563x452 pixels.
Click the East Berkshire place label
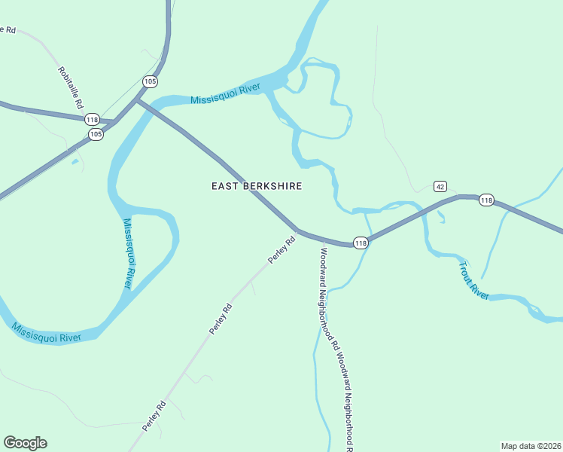point(257,186)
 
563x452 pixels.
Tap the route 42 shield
point(441,187)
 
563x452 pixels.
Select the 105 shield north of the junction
point(150,81)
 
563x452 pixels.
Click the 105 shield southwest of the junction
point(96,134)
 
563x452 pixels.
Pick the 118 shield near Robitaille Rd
point(93,120)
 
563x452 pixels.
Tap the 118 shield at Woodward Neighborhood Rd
point(361,243)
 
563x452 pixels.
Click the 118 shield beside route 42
point(486,200)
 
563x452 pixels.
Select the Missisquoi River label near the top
point(225,95)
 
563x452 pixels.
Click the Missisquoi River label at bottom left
point(47,333)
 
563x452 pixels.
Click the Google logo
point(25,443)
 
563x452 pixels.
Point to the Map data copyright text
point(531,445)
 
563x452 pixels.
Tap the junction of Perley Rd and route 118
point(298,231)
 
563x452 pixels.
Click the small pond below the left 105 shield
point(75,160)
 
